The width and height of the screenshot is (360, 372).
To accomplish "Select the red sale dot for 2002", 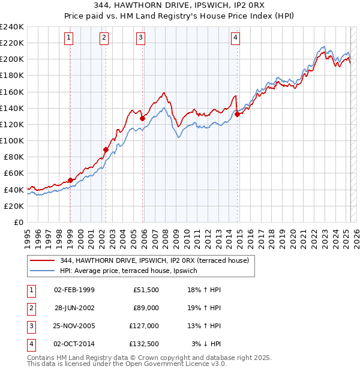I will [x=106, y=150].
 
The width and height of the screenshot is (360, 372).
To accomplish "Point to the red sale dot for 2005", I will [x=142, y=119].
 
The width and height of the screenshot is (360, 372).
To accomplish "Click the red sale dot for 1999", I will [x=70, y=180].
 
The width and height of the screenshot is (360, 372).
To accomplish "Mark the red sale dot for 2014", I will [x=237, y=114].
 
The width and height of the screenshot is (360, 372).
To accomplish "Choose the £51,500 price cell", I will [x=146, y=289].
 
